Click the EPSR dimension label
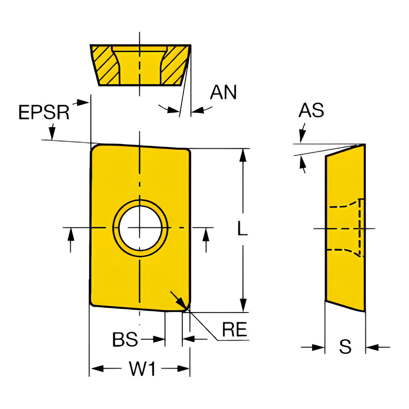tap(45, 112)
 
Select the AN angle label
tap(223, 92)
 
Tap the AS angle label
tap(311, 110)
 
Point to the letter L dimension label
tap(243, 230)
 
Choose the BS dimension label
tap(126, 339)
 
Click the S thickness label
tap(346, 347)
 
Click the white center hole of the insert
tap(140, 227)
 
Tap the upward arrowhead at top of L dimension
tap(243, 154)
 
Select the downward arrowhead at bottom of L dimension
tap(243, 305)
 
